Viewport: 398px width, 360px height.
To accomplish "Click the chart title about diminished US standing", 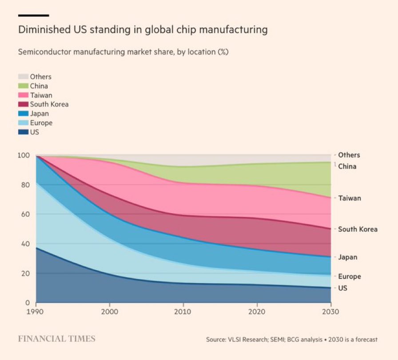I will click(x=143, y=30).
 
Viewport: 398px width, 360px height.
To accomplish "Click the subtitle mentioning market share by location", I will click(x=123, y=52).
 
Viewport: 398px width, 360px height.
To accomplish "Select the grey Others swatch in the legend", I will click(x=23, y=76).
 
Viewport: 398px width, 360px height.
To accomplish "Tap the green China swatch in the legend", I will click(x=23, y=86).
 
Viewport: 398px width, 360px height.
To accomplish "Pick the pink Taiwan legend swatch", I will click(x=23, y=95).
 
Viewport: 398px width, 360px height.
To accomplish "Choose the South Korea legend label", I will click(x=49, y=104).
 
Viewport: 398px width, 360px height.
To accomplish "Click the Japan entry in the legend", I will click(x=39, y=114).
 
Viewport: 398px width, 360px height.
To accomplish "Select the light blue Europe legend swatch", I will click(x=23, y=123).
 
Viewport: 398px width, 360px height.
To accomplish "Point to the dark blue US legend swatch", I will click(x=23, y=132).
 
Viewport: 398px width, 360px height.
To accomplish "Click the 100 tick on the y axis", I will click(x=24, y=155).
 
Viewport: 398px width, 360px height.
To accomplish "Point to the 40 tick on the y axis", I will click(x=25, y=244).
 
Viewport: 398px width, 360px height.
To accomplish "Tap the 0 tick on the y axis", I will click(x=27, y=303).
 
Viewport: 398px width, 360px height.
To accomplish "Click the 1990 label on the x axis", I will click(x=36, y=312).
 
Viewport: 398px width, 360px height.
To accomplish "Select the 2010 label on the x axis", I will click(x=183, y=312).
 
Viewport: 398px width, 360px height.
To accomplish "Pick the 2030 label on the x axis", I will click(x=330, y=312).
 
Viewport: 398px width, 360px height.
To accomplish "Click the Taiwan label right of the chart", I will click(x=350, y=198).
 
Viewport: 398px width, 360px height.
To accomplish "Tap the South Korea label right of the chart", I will click(x=358, y=229).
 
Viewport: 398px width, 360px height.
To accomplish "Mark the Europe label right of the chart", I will click(x=350, y=277).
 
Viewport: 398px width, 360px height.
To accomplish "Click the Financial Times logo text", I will click(x=56, y=339).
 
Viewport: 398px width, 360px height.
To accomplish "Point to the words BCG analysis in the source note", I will click(x=300, y=340).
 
